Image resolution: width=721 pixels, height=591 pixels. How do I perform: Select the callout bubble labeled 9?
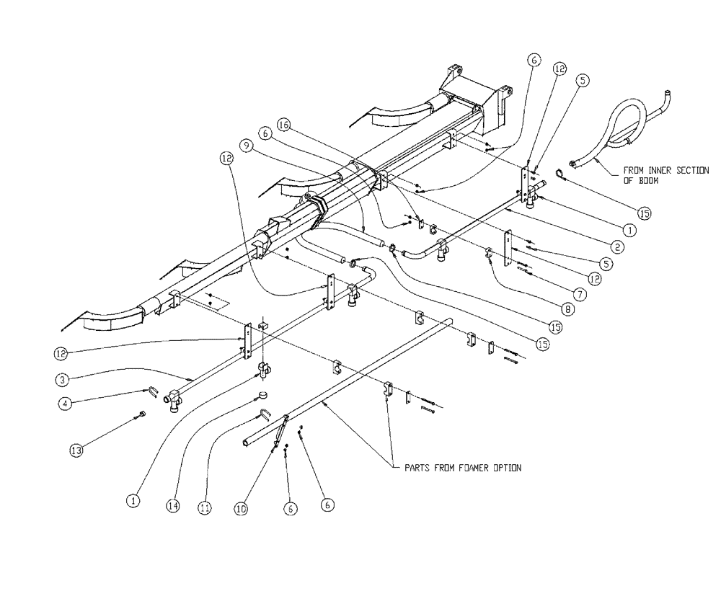(x=247, y=145)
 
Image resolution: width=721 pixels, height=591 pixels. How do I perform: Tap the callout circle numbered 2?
(x=616, y=246)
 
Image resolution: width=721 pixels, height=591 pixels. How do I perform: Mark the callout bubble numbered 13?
(x=76, y=450)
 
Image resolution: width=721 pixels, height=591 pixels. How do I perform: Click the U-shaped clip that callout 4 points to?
(x=154, y=393)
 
